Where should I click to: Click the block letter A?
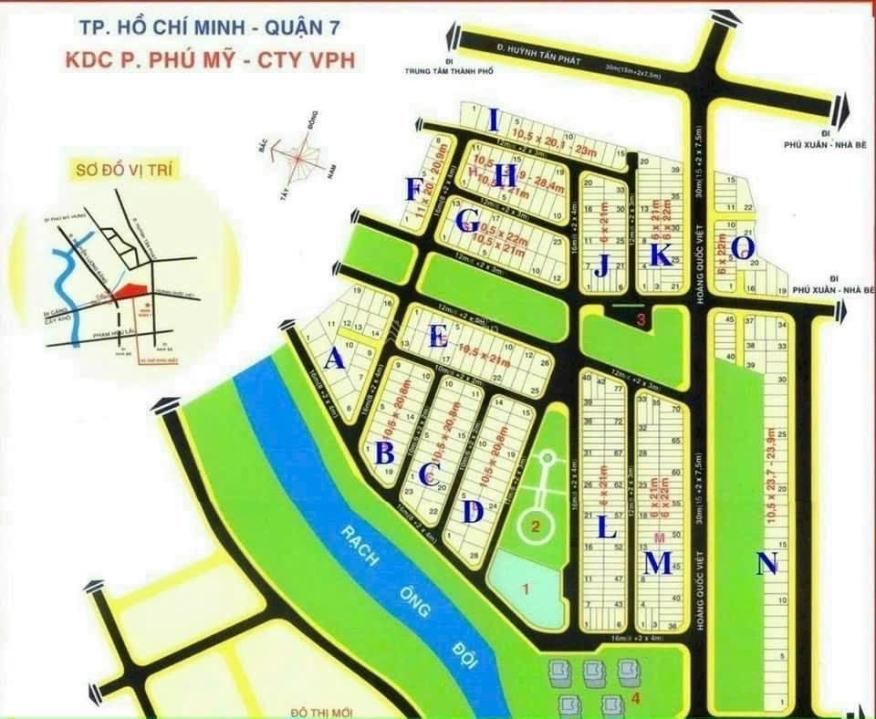[x=335, y=360]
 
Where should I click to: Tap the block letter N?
[x=768, y=565]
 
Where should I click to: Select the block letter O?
[x=743, y=247]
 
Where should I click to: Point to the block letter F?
[x=414, y=190]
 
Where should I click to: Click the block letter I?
[x=494, y=120]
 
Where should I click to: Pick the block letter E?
[x=439, y=337]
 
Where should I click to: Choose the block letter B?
[x=385, y=451]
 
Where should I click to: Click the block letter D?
[x=472, y=512]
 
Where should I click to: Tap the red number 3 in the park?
[x=641, y=319]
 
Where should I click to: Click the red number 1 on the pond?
[x=525, y=589]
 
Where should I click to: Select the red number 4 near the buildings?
[x=635, y=699]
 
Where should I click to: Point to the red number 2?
[x=537, y=526]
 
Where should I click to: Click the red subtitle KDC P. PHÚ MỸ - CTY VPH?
[x=211, y=61]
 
